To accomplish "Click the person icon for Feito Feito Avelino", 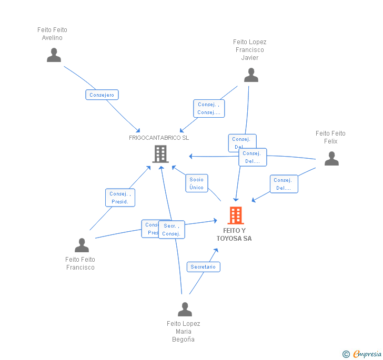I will (x=54, y=55).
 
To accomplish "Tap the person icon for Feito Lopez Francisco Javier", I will (x=251, y=76).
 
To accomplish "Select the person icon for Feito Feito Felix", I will (x=331, y=159).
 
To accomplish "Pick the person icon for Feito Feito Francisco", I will (x=82, y=245).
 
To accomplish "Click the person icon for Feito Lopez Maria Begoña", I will (x=185, y=310).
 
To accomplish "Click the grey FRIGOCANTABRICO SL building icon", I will (x=160, y=154).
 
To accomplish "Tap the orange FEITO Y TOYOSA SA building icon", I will (x=235, y=215).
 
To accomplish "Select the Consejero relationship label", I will (x=102, y=95).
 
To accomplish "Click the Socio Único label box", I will (x=197, y=183).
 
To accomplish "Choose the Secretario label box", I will (x=203, y=267).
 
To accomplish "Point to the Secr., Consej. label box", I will (x=172, y=230).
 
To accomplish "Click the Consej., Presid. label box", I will (x=120, y=198).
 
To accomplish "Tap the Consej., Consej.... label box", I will (x=209, y=109).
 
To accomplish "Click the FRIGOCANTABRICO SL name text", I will (x=159, y=138).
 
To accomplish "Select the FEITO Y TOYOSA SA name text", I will (x=234, y=234).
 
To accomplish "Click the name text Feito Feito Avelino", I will (x=53, y=34).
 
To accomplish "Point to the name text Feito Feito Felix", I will (x=330, y=137).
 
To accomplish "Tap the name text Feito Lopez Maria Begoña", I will (x=184, y=331).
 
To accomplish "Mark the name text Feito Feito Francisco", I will (x=80, y=263).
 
